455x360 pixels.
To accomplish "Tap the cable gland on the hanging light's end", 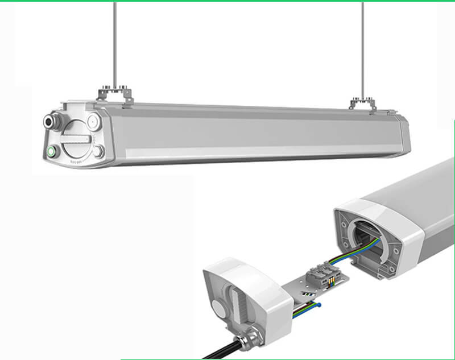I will [52, 121].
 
